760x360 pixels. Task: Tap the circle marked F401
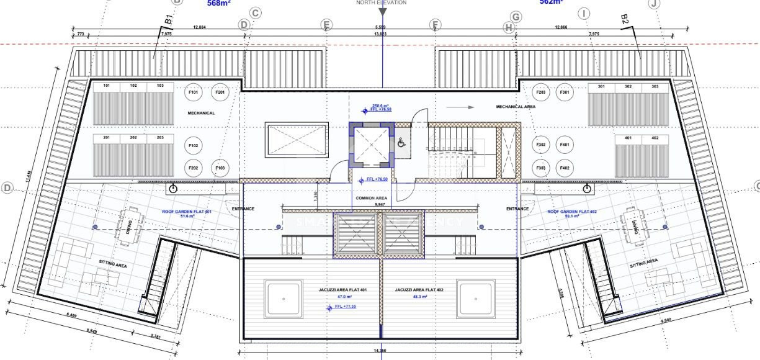pyautogui.click(x=565, y=145)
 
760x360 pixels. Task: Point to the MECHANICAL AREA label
pyautogui.click(x=516, y=107)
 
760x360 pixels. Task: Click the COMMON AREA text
pyautogui.click(x=372, y=198)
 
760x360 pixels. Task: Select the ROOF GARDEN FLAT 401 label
pyautogui.click(x=187, y=212)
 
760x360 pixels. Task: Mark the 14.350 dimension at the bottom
pyautogui.click(x=380, y=352)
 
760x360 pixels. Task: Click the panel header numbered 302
pyautogui.click(x=628, y=87)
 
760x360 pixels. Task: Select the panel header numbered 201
pyautogui.click(x=107, y=137)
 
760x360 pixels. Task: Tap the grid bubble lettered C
pyautogui.click(x=255, y=13)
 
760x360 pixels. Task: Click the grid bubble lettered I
pyautogui.click(x=583, y=13)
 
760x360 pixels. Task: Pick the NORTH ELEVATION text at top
pyautogui.click(x=381, y=3)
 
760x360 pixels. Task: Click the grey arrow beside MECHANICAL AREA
pyautogui.click(x=460, y=107)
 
